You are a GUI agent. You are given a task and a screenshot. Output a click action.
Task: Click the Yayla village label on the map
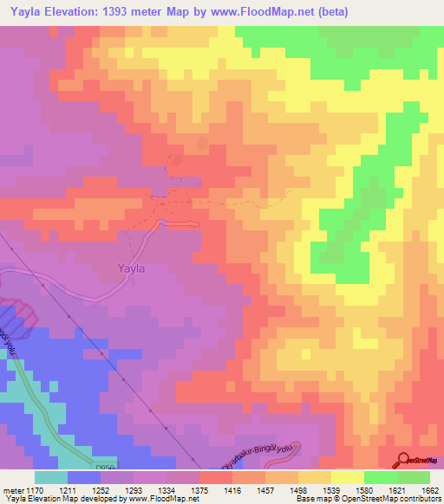click(x=131, y=268)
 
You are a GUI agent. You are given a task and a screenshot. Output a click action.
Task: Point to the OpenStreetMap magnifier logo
click(x=405, y=459)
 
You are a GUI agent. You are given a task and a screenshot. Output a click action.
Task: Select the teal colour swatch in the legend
click(x=51, y=478)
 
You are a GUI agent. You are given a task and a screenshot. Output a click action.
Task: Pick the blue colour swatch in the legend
click(x=84, y=478)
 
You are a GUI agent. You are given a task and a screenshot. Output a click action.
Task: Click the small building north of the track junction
click(x=203, y=143)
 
